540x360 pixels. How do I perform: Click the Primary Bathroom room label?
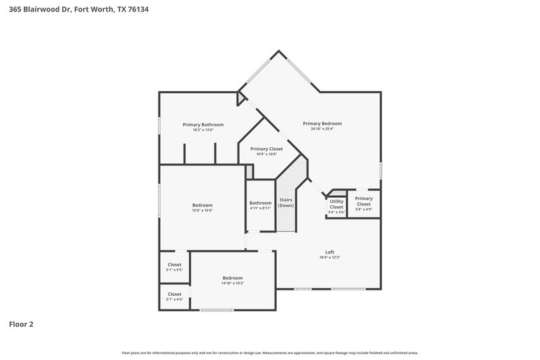(x=203, y=124)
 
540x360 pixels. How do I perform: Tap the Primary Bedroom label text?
(x=322, y=124)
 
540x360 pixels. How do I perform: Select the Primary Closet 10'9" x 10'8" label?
(x=266, y=149)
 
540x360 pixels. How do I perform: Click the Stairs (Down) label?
(x=286, y=203)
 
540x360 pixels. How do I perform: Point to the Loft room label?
(x=329, y=252)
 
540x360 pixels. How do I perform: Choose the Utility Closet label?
(x=336, y=203)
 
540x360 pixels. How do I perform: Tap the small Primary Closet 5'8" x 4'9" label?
(x=364, y=199)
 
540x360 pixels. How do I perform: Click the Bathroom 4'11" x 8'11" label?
(x=260, y=203)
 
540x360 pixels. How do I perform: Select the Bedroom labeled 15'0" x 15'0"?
(x=202, y=205)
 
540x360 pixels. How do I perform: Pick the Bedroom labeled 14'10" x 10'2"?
(x=233, y=278)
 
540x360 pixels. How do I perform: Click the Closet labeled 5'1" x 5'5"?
(x=174, y=265)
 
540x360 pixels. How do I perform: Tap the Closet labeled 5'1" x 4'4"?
(x=174, y=294)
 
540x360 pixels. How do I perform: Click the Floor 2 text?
(x=21, y=324)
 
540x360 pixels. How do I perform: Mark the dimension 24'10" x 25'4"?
(x=322, y=129)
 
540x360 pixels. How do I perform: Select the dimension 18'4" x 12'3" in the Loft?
(x=329, y=257)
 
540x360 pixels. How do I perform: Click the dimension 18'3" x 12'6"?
(x=203, y=130)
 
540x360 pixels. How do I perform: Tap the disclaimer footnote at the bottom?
(x=270, y=353)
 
